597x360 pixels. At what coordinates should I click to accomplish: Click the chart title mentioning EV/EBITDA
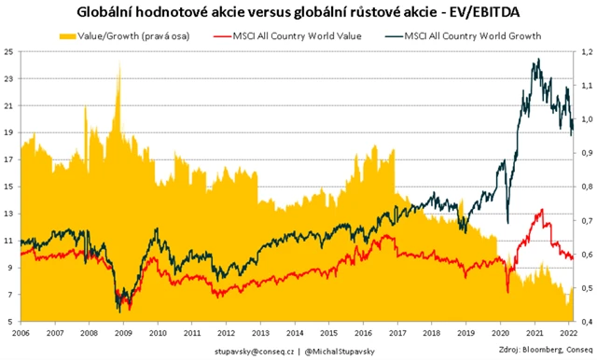[298, 11]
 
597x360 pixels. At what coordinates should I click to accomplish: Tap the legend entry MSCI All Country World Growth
[466, 35]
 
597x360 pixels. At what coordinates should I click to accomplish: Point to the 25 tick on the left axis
[8, 52]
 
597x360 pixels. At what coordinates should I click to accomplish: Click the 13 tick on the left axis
[8, 214]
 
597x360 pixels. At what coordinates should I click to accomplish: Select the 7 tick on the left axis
[8, 295]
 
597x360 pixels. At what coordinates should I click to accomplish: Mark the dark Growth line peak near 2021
[537, 62]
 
